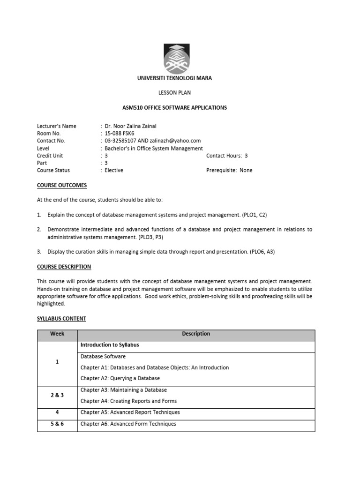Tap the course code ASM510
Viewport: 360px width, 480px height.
pos(132,108)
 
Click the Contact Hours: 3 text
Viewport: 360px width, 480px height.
pos(227,156)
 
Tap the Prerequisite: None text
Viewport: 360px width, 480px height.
pos(229,170)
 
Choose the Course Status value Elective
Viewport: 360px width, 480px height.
pos(114,170)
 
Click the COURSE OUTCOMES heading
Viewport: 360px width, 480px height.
pos(62,185)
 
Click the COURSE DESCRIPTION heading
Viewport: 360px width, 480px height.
pos(64,267)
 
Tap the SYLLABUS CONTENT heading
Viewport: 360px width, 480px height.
pos(61,319)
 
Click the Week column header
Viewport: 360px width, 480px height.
pos(57,334)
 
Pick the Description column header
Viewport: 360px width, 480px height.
pos(196,334)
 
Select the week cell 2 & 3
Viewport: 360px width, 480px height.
pos(57,395)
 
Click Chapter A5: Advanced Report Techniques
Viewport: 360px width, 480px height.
pos(130,412)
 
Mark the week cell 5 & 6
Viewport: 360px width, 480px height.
pos(57,424)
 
